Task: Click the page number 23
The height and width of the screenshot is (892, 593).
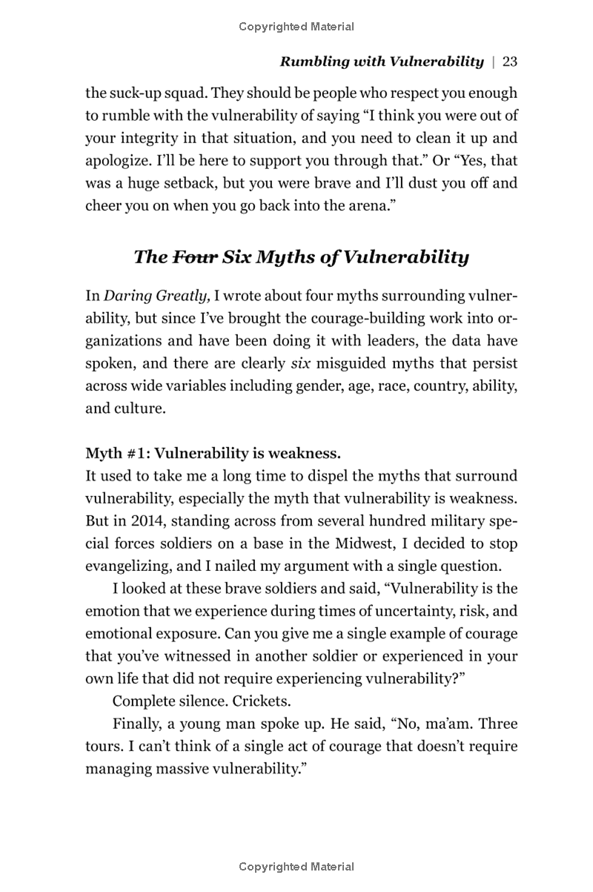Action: [x=509, y=62]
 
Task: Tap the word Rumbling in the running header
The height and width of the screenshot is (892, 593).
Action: [x=311, y=62]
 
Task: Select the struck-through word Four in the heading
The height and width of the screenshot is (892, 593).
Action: [x=195, y=257]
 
